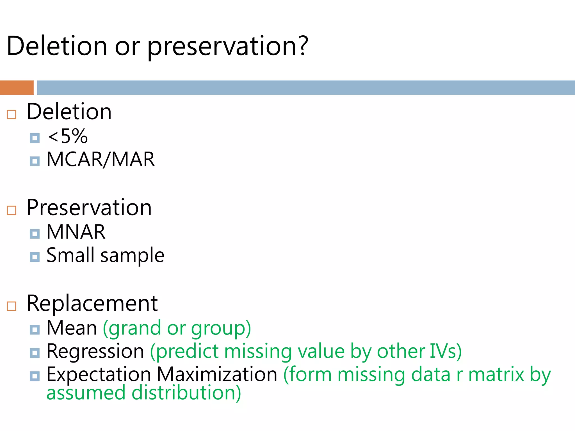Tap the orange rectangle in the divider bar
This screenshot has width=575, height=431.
[17, 88]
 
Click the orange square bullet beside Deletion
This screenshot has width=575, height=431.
[12, 114]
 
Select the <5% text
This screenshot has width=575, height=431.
[68, 137]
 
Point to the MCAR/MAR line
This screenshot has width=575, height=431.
[101, 160]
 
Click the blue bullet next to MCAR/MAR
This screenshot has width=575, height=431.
[35, 161]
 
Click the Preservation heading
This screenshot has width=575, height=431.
[89, 208]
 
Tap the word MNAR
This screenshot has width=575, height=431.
[76, 232]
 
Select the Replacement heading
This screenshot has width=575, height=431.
[92, 304]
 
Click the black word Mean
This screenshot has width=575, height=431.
[72, 328]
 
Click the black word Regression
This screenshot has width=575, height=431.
[95, 351]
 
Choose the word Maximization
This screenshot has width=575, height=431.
[217, 375]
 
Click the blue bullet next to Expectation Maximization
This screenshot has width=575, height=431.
[35, 376]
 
